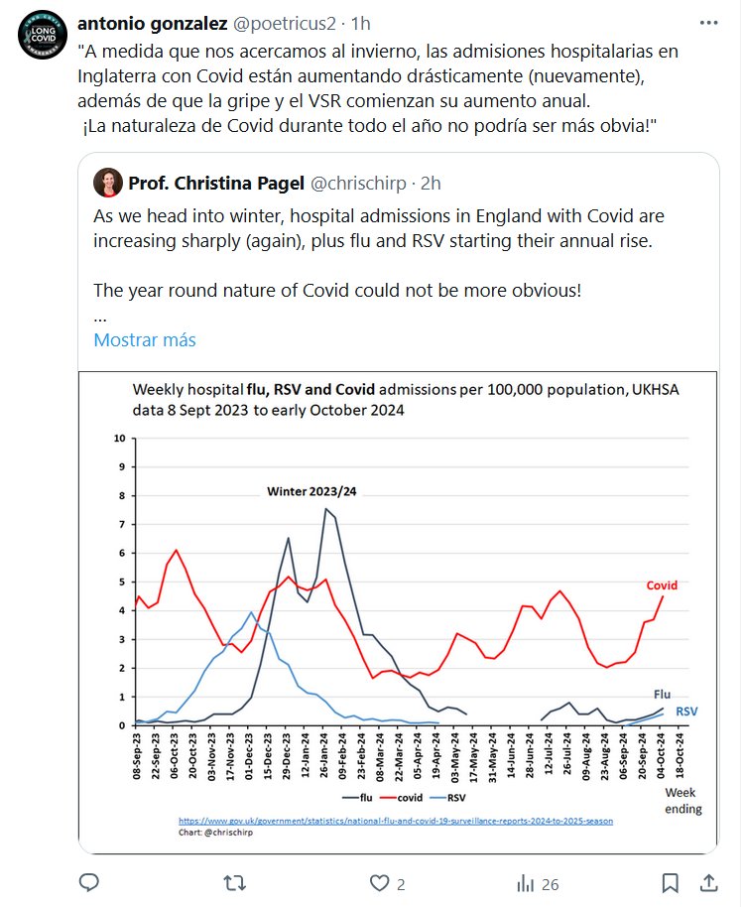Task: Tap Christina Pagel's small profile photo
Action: (x=107, y=183)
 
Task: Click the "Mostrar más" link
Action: (x=144, y=339)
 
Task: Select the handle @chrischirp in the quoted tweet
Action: (x=362, y=183)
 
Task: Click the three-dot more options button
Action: (x=705, y=23)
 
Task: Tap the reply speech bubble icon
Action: (x=89, y=882)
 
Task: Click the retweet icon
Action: (x=234, y=882)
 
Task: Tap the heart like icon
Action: (x=379, y=882)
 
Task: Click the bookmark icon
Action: (x=670, y=882)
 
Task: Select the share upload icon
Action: (x=709, y=882)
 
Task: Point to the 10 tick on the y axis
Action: (x=120, y=438)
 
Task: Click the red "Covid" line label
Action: (x=662, y=585)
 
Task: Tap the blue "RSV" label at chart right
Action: (x=686, y=712)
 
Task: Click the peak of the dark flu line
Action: (x=325, y=509)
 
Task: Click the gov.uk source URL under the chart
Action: (x=395, y=821)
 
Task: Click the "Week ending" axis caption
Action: (x=682, y=801)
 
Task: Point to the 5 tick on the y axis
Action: (x=121, y=582)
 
